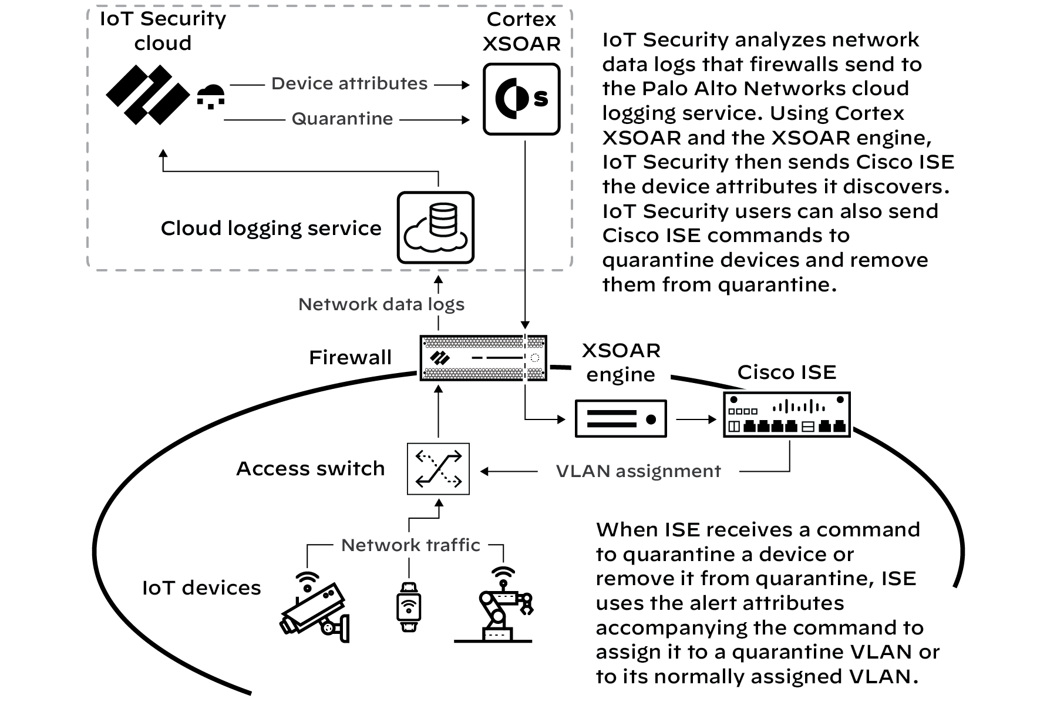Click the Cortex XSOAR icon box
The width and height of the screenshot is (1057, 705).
click(521, 99)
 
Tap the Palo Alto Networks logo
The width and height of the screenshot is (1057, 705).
click(147, 95)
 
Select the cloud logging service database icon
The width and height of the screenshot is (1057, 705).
click(435, 227)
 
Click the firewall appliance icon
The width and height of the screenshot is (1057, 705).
click(483, 358)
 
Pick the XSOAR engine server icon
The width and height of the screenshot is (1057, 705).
click(621, 419)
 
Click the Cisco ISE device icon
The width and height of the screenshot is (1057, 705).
click(787, 415)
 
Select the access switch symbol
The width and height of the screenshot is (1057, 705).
click(438, 469)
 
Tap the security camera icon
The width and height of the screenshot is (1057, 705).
click(315, 608)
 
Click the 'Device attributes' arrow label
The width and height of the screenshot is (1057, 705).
click(349, 84)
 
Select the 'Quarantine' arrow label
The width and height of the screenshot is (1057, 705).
click(342, 119)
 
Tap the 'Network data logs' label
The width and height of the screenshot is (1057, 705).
click(381, 304)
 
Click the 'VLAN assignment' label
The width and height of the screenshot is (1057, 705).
click(638, 471)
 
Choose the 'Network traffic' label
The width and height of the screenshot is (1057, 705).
click(410, 545)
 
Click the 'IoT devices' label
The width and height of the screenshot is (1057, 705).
click(201, 587)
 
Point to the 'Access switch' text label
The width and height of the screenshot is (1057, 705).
click(310, 469)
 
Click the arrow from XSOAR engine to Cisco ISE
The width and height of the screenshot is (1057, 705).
click(696, 419)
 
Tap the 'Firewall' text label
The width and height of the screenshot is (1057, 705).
click(350, 357)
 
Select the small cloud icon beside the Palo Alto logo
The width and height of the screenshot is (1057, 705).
click(210, 96)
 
